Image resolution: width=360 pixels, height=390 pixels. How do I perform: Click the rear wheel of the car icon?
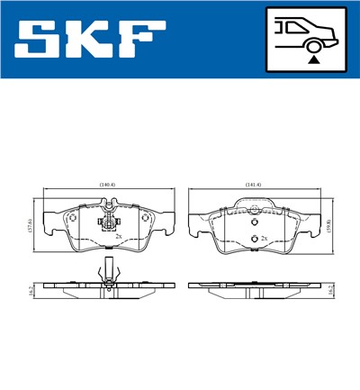pos(314,41)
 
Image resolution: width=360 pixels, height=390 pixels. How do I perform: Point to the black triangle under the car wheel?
pos(313,59)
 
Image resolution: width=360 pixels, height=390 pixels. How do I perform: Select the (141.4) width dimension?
pos(254,185)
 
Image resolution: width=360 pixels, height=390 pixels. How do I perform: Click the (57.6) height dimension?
pos(31,225)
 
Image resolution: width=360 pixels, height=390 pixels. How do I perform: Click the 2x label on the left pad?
pos(120,238)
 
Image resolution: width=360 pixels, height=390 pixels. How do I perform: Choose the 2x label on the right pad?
pos(265,239)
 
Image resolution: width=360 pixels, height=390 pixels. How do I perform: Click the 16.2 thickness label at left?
pos(30,288)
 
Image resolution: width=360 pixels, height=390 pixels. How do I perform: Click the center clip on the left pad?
pos(107,222)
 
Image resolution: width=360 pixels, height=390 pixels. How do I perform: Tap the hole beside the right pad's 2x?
pos(254,238)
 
